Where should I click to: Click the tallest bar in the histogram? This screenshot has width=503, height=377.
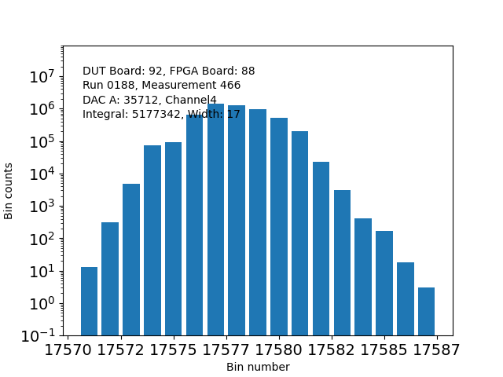point(215,219)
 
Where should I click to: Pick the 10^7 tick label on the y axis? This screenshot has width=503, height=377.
point(41,77)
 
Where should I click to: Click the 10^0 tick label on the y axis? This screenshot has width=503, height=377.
point(41,303)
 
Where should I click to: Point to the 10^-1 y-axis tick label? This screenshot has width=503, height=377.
point(39,335)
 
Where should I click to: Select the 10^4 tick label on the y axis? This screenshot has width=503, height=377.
point(41,174)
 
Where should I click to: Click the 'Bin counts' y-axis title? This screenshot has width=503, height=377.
point(9,191)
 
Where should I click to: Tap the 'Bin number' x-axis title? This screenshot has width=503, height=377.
point(258,367)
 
